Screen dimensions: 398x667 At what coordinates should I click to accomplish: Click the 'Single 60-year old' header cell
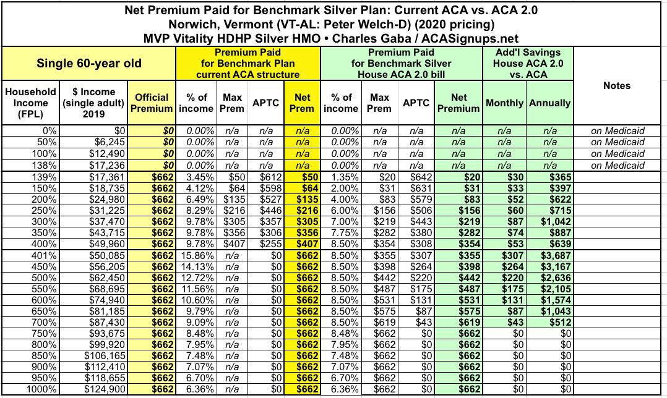(88, 63)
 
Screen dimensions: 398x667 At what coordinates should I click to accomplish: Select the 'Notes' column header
(617, 85)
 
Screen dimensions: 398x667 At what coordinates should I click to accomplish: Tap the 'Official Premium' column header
(151, 103)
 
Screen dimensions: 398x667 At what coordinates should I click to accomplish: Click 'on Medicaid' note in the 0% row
(617, 131)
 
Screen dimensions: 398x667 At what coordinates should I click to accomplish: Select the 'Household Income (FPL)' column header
(30, 103)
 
